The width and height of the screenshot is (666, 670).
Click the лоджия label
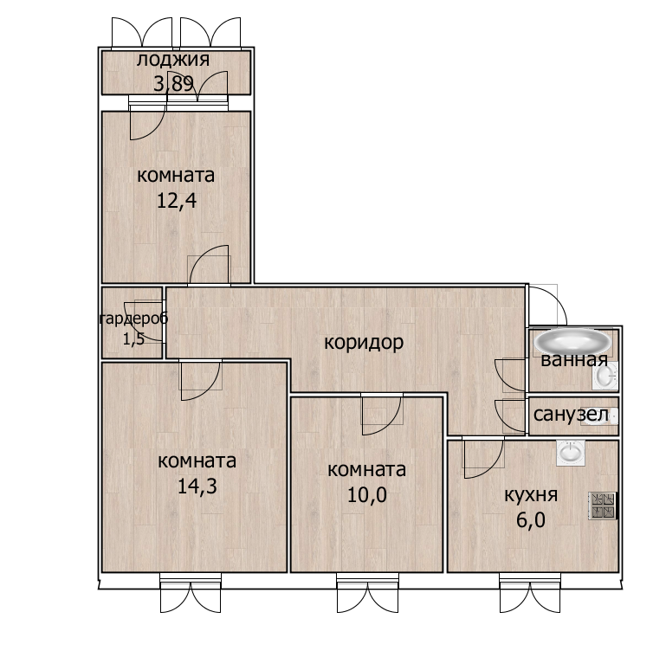pyautogui.click(x=173, y=61)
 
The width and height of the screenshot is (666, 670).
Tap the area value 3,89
pyautogui.click(x=173, y=83)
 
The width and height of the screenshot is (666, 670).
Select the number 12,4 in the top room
pyautogui.click(x=177, y=201)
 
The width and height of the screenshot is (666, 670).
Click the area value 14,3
pyautogui.click(x=197, y=486)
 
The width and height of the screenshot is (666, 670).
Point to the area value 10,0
pyautogui.click(x=366, y=495)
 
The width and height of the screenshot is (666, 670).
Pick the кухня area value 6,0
pyautogui.click(x=531, y=520)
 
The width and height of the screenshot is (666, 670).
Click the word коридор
pyautogui.click(x=364, y=342)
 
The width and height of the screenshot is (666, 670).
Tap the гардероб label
pyautogui.click(x=133, y=319)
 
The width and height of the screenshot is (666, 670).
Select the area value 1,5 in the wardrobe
pyautogui.click(x=133, y=339)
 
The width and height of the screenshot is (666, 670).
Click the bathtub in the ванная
pyautogui.click(x=572, y=341)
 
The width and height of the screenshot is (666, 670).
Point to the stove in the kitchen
pyautogui.click(x=603, y=506)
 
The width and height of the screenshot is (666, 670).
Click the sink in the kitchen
pyautogui.click(x=570, y=453)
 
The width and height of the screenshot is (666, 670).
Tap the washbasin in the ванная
pyautogui.click(x=605, y=376)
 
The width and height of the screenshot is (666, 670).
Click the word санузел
pyautogui.click(x=571, y=415)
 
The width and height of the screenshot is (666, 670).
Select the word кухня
pyautogui.click(x=531, y=495)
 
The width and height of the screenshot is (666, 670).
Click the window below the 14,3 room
pyautogui.click(x=191, y=593)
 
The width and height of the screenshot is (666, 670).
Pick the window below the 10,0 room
pyautogui.click(x=367, y=593)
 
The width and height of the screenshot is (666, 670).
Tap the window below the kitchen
pyautogui.click(x=530, y=593)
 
